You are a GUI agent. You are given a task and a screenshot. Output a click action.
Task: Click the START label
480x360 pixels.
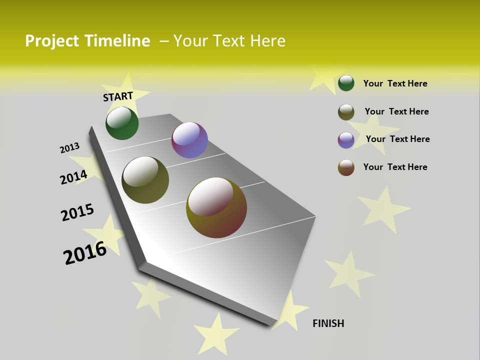point(118,96)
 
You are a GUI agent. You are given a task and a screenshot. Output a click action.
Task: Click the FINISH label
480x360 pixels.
point(328,323)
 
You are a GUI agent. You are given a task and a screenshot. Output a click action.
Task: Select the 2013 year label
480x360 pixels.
point(69,148)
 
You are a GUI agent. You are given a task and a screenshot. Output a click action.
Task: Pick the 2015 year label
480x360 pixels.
point(77,212)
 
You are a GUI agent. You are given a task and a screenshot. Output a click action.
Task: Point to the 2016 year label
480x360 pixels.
point(85,253)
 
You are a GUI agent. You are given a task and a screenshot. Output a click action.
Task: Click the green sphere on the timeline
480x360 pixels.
point(122,123)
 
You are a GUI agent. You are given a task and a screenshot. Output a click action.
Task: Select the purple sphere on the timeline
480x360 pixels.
point(189,140)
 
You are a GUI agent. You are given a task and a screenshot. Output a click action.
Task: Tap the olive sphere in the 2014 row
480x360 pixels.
point(145,180)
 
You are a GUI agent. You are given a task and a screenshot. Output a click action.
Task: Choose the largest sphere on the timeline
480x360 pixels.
point(216,207)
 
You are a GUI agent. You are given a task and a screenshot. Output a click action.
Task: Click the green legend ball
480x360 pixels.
point(346,83)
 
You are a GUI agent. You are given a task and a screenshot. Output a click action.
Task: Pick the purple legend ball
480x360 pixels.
point(346,140)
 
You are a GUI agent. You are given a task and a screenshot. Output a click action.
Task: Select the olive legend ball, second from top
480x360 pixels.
point(346,112)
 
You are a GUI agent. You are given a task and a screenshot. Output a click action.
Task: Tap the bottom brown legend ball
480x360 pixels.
point(346,167)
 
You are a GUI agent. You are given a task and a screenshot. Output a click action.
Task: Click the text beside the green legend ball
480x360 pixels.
point(395,83)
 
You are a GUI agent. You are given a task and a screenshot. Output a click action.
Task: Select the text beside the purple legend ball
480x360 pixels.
point(397,139)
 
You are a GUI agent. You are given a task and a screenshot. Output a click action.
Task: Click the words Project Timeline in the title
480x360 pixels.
point(87,41)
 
